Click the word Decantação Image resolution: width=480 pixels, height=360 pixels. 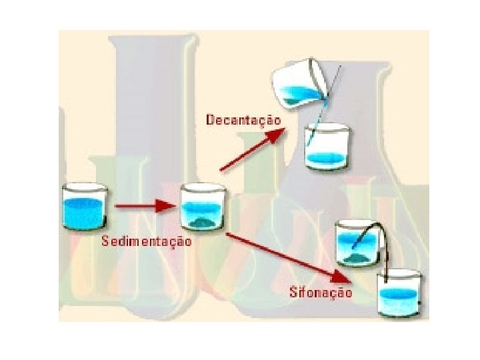pyautogui.click(x=243, y=121)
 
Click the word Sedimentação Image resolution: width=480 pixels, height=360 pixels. pyautogui.click(x=146, y=241)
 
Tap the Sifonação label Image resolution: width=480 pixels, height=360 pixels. pyautogui.click(x=321, y=292)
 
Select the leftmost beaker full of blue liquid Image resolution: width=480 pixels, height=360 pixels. pyautogui.click(x=85, y=207)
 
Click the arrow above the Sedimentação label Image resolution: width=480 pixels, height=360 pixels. pyautogui.click(x=143, y=207)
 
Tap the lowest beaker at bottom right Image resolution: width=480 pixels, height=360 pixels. pyautogui.click(x=398, y=293)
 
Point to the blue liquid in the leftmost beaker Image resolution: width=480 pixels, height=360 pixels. pyautogui.click(x=85, y=213)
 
